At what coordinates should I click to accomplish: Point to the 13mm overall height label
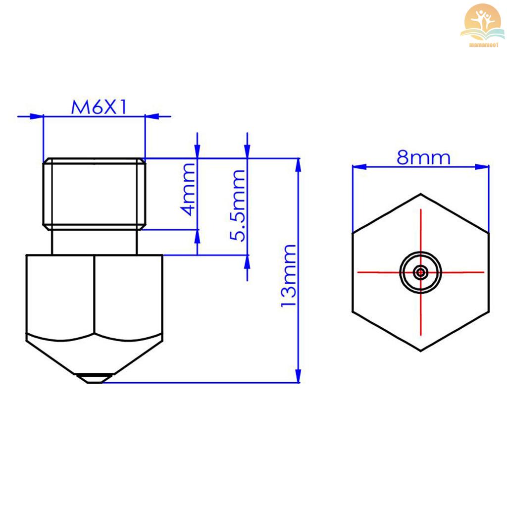point(289,275)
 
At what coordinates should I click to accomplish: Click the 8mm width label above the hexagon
point(423,158)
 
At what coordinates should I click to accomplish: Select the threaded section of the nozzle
point(94,194)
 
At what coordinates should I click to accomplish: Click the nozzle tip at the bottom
point(94,379)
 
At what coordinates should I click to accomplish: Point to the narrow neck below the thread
point(94,242)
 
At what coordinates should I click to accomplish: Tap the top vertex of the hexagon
point(421,194)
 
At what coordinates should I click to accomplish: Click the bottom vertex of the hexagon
point(421,351)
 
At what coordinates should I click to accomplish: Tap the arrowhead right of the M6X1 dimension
point(152,116)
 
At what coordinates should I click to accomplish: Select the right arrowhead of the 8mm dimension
point(483,167)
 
